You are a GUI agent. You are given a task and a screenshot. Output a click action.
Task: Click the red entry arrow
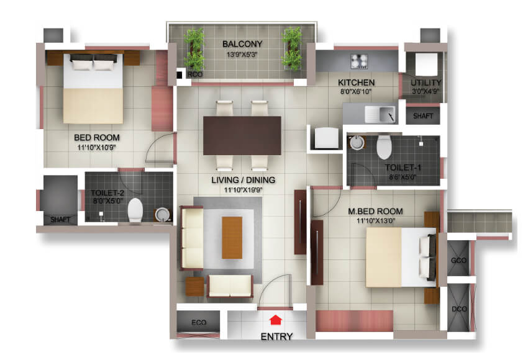click(x=275, y=320)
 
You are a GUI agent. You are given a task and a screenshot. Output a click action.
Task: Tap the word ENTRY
click(x=276, y=337)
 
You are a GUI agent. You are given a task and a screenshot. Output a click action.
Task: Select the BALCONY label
click(x=242, y=44)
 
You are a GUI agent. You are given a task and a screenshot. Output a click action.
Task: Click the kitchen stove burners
click(x=360, y=61)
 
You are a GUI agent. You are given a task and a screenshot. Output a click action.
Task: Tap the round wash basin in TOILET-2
click(x=162, y=215)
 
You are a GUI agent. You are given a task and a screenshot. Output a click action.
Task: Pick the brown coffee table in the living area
click(x=232, y=236)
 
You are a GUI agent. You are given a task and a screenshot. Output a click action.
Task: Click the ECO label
click(x=199, y=322)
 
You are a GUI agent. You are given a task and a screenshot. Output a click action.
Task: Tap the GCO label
click(x=459, y=260)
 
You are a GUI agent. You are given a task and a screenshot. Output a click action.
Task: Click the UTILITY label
click(x=426, y=83)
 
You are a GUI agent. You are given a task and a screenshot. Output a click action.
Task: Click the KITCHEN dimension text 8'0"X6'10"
click(x=356, y=92)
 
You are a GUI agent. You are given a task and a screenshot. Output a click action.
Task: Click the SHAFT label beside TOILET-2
click(x=60, y=219)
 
